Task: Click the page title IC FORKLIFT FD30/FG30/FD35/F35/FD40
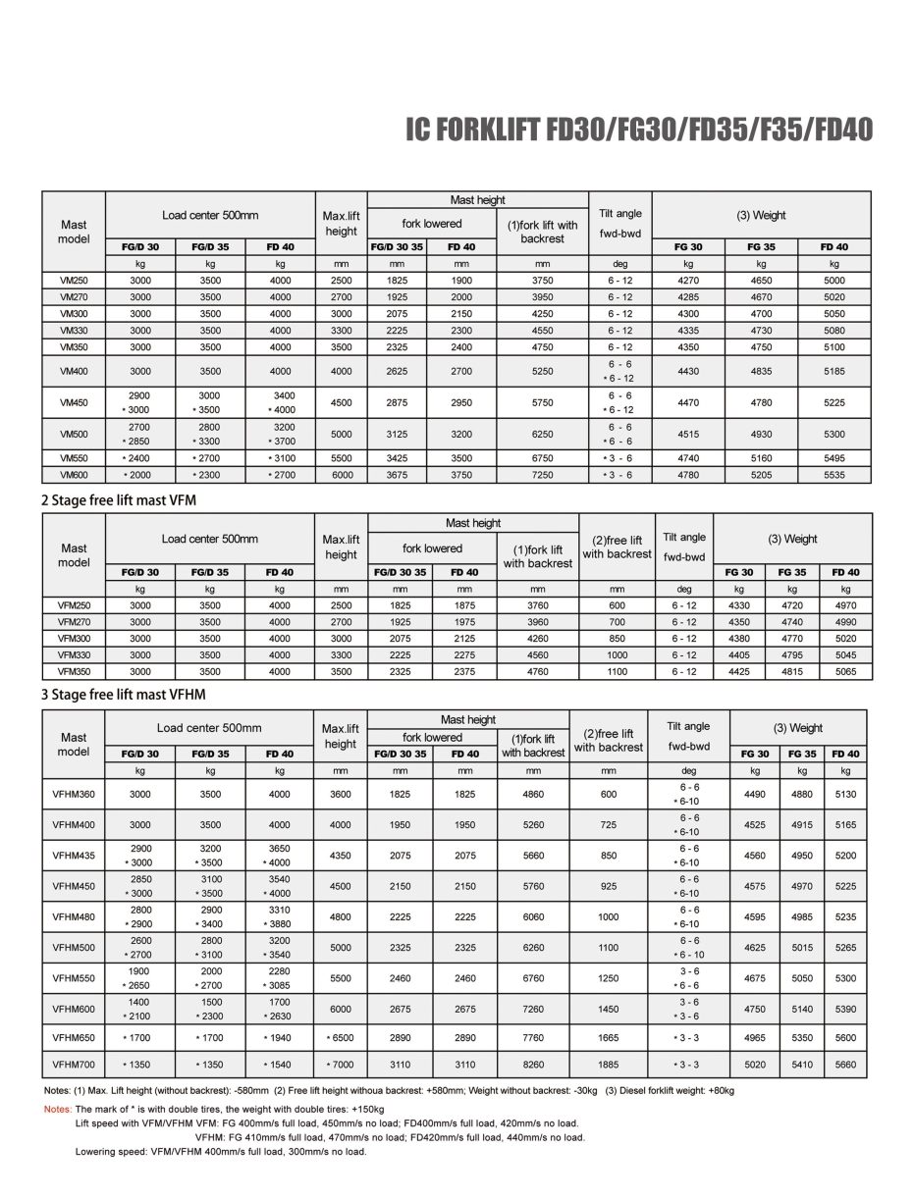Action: tap(639, 131)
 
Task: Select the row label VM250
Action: tap(74, 280)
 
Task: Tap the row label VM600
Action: tap(74, 475)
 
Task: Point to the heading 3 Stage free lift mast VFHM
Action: tap(124, 695)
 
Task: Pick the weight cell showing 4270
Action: tap(688, 280)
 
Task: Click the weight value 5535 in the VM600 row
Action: tap(833, 475)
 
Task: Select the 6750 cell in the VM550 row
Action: tap(542, 458)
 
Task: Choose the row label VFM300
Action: tap(74, 639)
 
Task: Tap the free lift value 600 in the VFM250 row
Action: tap(616, 605)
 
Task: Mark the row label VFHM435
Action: tap(74, 856)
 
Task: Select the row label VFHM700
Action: tap(74, 1064)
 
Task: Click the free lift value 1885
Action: tap(609, 1064)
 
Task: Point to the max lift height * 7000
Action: tap(341, 1064)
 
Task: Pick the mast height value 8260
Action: tap(533, 1064)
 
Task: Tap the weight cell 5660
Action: tap(846, 1064)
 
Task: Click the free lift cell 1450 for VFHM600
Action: tap(609, 1010)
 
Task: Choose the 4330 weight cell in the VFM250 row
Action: tap(739, 605)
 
